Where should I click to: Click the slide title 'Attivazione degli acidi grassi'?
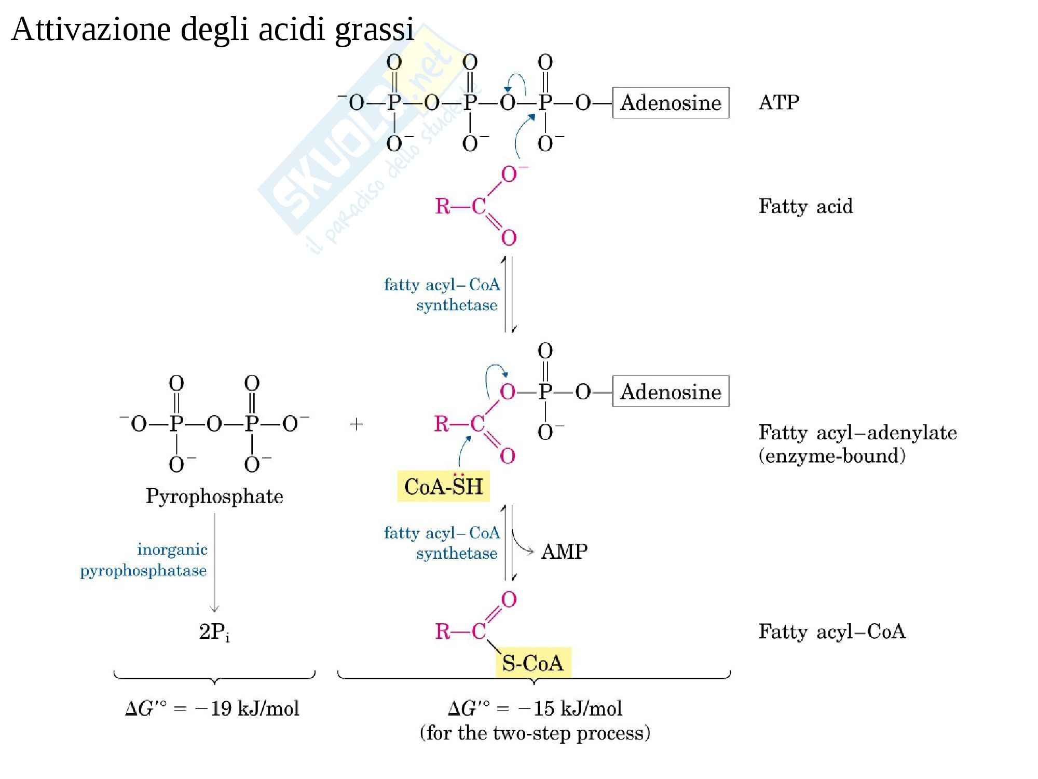(212, 30)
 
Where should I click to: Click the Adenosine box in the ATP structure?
(671, 103)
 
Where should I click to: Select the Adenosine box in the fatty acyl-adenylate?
(671, 392)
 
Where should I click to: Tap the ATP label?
(778, 102)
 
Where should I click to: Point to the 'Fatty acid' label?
(805, 206)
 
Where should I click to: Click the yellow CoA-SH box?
(443, 486)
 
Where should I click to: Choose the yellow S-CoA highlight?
(533, 663)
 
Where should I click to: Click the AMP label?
(564, 552)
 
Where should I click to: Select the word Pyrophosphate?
(214, 496)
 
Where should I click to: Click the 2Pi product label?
(214, 632)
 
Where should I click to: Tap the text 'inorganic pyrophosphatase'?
(144, 560)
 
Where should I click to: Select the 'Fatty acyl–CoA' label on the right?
(832, 632)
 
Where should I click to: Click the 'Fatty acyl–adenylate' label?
(858, 433)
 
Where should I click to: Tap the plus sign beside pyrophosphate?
(356, 424)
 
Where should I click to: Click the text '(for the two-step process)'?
(535, 733)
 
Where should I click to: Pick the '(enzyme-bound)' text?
(832, 456)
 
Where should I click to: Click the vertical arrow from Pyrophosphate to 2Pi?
(214, 563)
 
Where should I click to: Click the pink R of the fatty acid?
(442, 207)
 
